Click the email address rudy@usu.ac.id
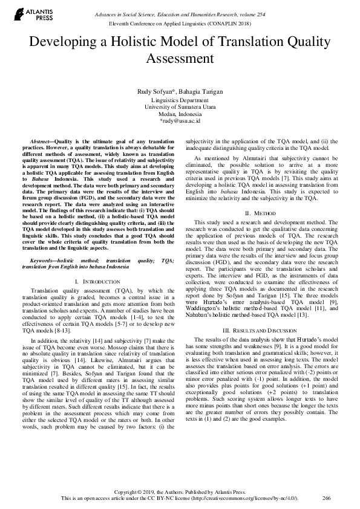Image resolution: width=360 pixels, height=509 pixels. point(180,121)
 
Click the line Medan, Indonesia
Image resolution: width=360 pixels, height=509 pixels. point(180,114)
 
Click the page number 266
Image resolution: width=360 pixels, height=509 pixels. point(327,498)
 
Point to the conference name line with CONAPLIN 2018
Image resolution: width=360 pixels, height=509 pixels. point(180,22)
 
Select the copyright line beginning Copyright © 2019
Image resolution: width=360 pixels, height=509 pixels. point(180,491)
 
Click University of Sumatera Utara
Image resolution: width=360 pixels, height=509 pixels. point(180,106)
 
